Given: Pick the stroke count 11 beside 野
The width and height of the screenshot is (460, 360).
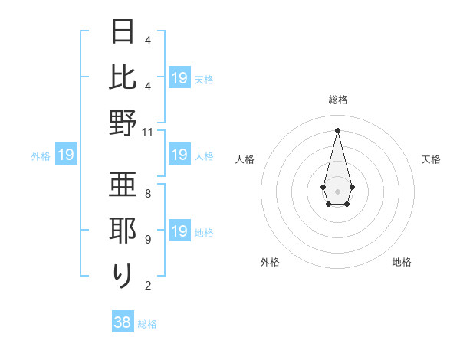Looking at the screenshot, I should point(148,132).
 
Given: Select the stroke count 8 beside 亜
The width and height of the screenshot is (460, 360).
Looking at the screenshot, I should point(148,194).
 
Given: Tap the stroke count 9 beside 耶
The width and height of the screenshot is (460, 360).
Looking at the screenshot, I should point(148,240).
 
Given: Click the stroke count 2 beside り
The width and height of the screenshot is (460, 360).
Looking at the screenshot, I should point(148,286).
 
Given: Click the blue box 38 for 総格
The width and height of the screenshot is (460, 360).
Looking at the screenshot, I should point(123,322).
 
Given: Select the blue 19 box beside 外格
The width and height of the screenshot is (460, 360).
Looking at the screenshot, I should point(66,155).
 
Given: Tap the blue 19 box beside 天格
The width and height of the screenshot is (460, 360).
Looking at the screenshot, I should point(179,78).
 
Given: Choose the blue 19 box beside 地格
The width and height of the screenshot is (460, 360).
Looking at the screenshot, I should point(179,231).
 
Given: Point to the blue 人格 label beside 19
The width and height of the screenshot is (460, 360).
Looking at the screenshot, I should point(204,156).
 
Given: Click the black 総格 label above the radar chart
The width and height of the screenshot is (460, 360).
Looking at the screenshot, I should point(338,100).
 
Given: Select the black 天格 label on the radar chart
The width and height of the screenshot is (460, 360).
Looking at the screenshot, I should point(432,159).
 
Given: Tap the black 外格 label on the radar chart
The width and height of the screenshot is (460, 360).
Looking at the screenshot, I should point(270,262).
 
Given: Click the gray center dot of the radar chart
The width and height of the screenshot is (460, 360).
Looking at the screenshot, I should point(338,190).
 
